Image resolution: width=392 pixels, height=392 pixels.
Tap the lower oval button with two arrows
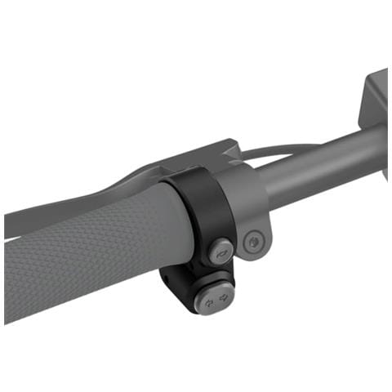click(216, 299)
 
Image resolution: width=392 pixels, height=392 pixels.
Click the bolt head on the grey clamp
click(253, 241)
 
